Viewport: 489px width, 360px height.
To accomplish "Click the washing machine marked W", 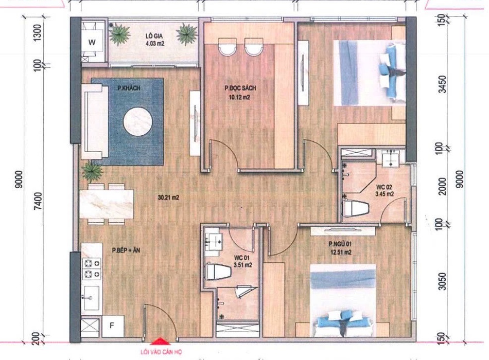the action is point(92,42).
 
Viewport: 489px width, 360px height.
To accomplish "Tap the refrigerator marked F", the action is point(113,326).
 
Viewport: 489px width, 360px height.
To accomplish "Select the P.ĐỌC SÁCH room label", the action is point(240,88).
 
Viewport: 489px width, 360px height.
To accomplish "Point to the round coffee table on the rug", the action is point(138,121).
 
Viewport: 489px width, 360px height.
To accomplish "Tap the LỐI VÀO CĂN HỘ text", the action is point(161,352).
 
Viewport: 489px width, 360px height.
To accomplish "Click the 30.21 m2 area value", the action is point(168,197).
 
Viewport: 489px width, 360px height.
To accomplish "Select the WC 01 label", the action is point(242,258).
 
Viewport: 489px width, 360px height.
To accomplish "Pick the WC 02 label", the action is point(384,187).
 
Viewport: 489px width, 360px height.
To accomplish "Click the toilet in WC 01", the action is point(218,272).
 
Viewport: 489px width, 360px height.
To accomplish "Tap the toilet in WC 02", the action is point(356,208).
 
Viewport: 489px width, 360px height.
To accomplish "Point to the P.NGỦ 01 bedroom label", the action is point(340,244).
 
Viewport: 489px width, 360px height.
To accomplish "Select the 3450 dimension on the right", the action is point(442,84).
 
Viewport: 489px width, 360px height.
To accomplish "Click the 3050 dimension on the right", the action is point(442,281).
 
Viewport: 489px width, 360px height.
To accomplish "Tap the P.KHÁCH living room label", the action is point(129,88).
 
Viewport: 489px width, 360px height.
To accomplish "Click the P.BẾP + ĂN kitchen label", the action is point(126,250).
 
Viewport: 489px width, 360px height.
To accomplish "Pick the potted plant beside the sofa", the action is point(92,171).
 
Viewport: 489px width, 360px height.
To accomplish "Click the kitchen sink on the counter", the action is point(91,298).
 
